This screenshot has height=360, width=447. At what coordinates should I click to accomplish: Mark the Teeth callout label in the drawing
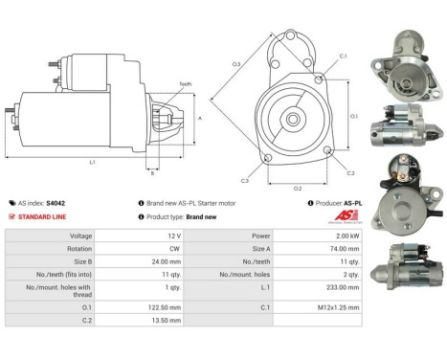click(x=186, y=84)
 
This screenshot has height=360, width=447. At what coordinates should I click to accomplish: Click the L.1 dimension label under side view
click(x=92, y=162)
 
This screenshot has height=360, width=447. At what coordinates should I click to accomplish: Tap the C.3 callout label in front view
click(x=245, y=180)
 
